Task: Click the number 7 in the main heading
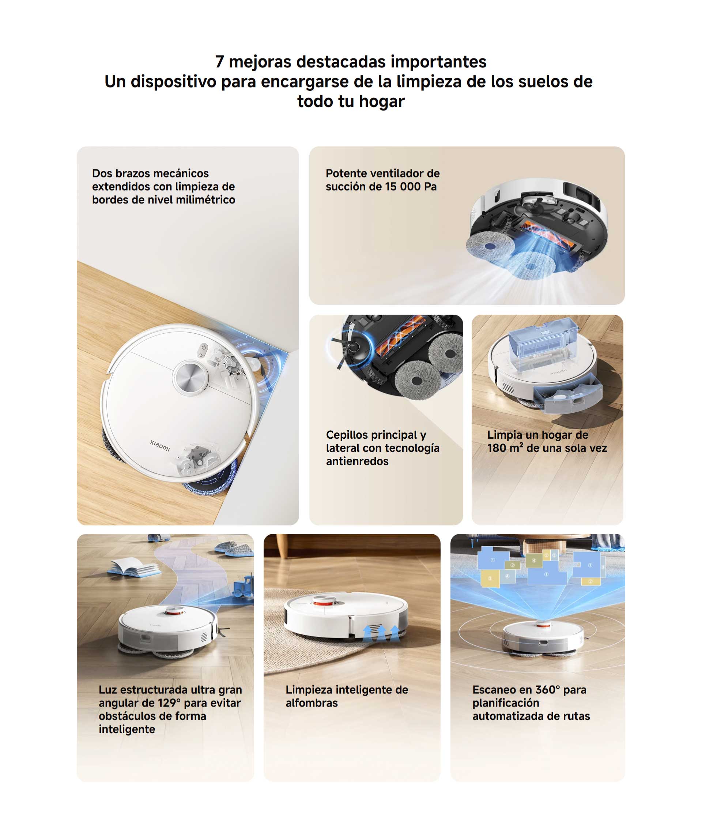219,62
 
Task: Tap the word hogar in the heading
381,101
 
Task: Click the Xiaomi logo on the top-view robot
160,445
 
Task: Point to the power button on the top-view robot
204,347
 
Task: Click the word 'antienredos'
357,461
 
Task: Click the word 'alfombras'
312,703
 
